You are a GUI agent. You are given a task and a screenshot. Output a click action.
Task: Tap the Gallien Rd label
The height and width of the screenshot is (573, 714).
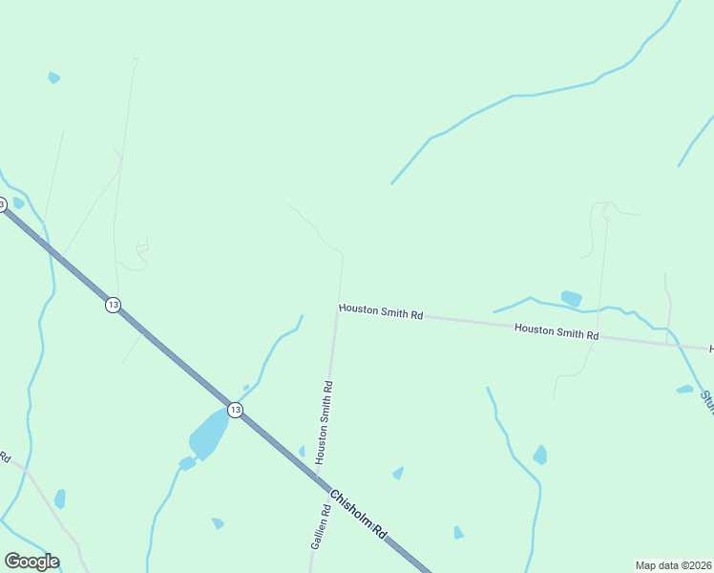(x=321, y=526)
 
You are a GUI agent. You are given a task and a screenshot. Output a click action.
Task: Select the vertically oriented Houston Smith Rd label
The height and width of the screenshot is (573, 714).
(x=325, y=423)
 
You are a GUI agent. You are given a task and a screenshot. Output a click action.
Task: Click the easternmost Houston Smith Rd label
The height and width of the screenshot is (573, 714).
(x=556, y=331)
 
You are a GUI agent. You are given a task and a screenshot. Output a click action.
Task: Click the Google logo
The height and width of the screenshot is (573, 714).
(x=31, y=562)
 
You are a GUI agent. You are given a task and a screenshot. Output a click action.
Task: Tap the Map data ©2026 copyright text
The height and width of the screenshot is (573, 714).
(x=673, y=564)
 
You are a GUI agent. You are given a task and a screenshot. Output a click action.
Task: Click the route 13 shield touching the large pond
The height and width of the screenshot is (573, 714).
(x=235, y=410)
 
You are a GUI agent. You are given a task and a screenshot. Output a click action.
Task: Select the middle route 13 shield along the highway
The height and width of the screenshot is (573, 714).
(x=113, y=305)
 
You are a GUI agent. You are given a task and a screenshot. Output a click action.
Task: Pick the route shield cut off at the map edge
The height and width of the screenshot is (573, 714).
(x=3, y=204)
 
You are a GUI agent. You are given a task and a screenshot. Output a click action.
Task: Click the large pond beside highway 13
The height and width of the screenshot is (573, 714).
(x=208, y=435)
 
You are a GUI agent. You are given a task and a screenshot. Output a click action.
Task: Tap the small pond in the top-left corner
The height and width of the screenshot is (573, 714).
(x=53, y=77)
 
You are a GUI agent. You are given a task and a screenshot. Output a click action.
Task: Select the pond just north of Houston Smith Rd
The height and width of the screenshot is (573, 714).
(x=571, y=298)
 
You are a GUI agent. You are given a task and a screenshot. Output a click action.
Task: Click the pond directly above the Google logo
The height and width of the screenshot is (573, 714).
(x=60, y=499)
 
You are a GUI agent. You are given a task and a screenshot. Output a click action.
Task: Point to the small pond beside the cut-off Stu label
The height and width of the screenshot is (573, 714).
(x=684, y=389)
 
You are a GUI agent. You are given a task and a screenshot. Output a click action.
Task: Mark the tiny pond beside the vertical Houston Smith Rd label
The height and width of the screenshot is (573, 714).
(x=302, y=451)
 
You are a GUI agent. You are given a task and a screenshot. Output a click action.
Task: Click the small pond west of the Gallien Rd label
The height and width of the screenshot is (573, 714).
(x=218, y=523)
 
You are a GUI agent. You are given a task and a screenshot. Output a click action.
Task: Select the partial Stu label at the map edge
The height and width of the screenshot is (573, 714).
(x=707, y=402)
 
